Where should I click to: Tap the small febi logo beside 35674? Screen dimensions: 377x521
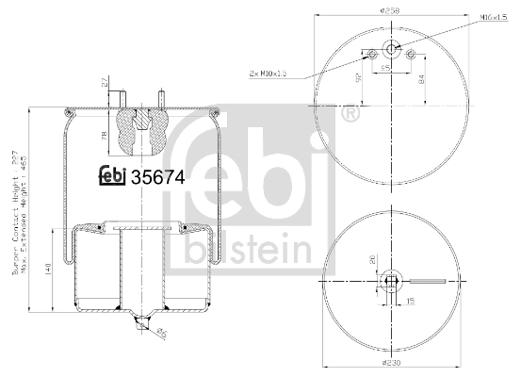click(111, 174)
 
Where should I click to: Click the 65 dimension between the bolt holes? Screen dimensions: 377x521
click(385, 69)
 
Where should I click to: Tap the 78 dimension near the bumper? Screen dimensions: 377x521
click(103, 137)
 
